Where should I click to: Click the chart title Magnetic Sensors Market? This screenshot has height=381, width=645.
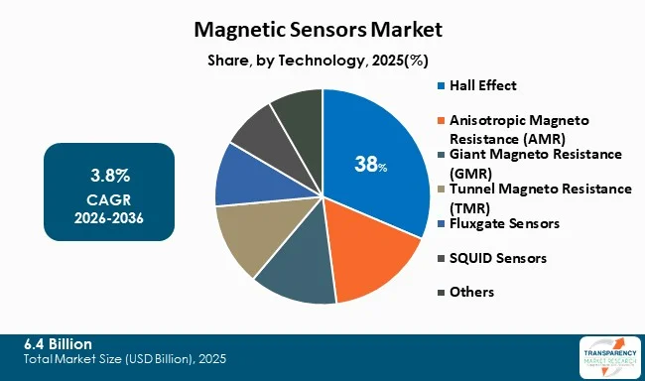[x=322, y=30]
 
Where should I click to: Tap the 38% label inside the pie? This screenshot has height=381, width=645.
[x=370, y=165]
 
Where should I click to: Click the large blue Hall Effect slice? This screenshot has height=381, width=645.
[x=382, y=139]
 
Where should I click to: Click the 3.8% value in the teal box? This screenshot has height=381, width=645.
[x=109, y=176]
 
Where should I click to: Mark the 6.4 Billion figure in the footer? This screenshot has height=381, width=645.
[x=63, y=342]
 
